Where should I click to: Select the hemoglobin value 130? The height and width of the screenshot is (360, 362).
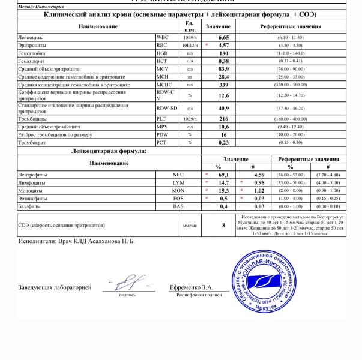pyautogui.click(x=223, y=52)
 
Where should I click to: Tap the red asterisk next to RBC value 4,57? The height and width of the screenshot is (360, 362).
pyautogui.click(x=207, y=45)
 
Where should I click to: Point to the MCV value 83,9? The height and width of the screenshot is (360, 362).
pyautogui.click(x=223, y=68)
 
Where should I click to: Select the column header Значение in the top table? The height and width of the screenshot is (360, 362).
pyautogui.click(x=219, y=26)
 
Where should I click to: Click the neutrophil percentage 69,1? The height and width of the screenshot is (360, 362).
pyautogui.click(x=223, y=174)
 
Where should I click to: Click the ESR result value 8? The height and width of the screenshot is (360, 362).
pyautogui.click(x=223, y=226)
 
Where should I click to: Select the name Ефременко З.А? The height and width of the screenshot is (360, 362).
pyautogui.click(x=192, y=287)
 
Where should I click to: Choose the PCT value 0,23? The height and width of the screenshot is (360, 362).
pyautogui.click(x=223, y=142)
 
